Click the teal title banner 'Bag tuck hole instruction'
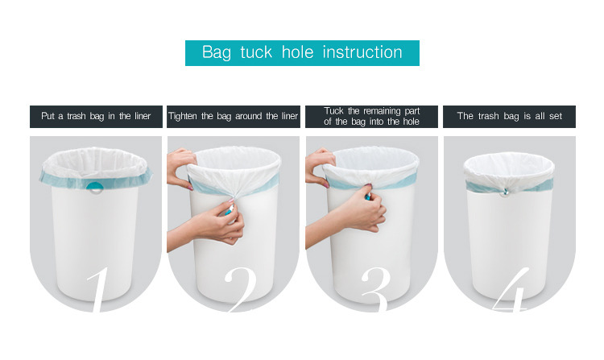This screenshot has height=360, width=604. (x=302, y=53)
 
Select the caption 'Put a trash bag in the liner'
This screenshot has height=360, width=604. (x=96, y=117)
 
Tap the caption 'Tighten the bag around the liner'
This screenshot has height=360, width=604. (x=233, y=117)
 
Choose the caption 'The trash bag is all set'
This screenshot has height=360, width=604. (x=509, y=117)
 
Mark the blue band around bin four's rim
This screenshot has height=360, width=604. (x=532, y=185)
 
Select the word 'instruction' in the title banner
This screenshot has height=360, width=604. (x=362, y=53)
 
